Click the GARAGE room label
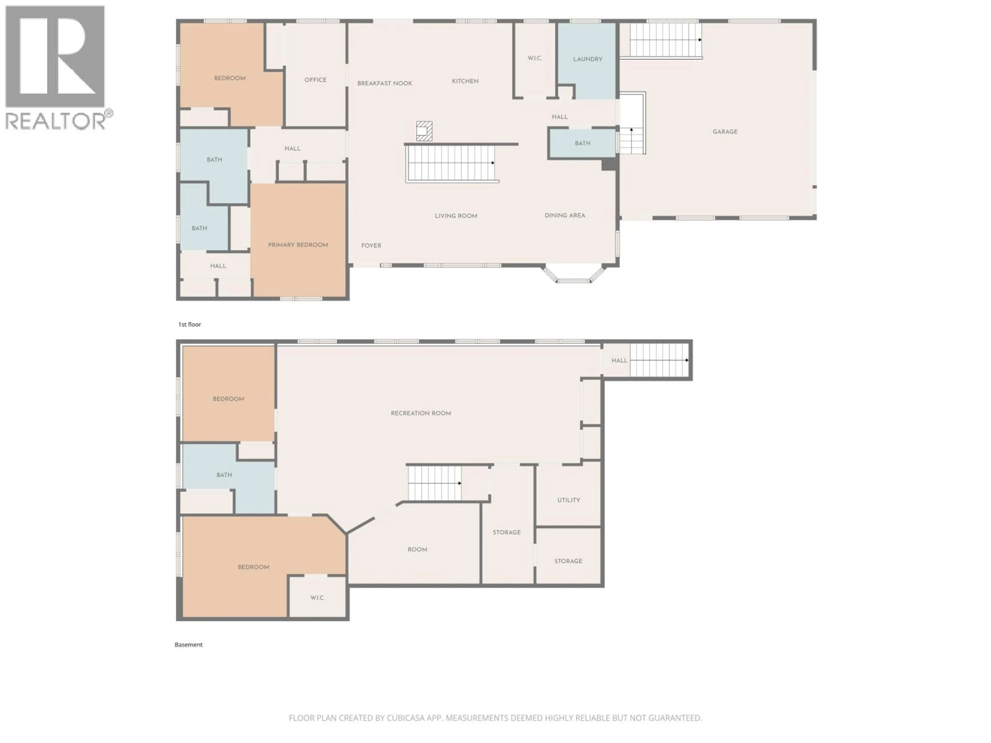tap(725, 132)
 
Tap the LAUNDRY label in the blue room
tap(587, 59)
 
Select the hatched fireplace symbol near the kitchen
tap(424, 131)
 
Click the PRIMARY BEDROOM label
tap(298, 245)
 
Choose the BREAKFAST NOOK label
tap(384, 83)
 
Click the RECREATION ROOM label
tap(421, 413)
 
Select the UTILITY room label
tap(569, 500)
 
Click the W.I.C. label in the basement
tap(317, 598)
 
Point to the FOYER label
tap(371, 246)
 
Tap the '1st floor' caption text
tap(189, 325)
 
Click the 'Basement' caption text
tap(189, 645)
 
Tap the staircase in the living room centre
tap(450, 164)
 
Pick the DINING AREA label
tap(564, 215)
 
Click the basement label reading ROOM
tap(417, 550)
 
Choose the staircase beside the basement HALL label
tap(659, 360)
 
